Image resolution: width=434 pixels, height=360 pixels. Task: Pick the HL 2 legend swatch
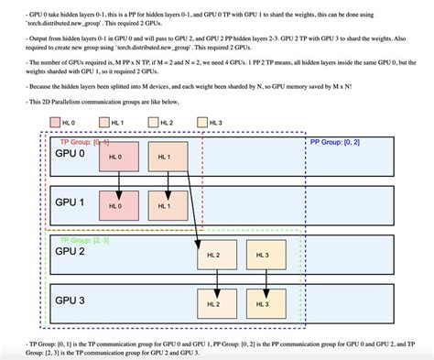click(x=152, y=121)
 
